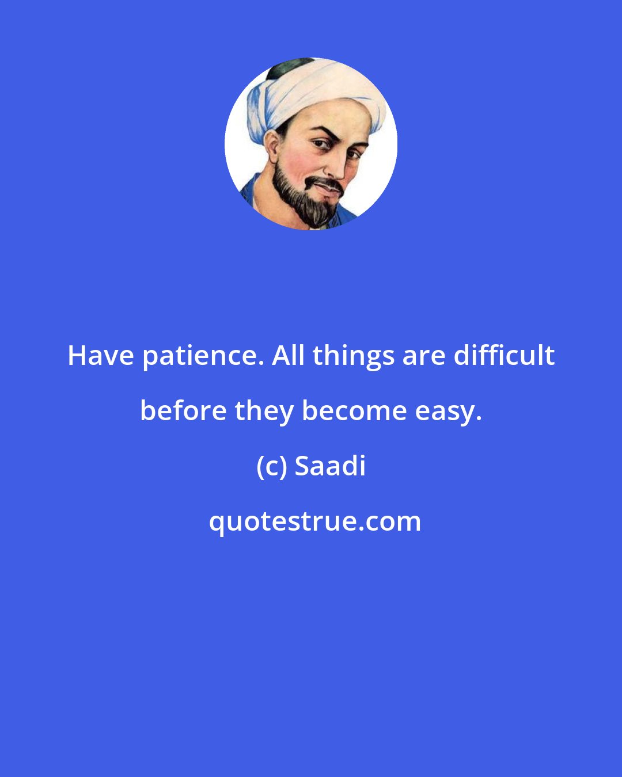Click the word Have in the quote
pos(101,356)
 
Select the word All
pos(289,356)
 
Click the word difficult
pos(504,356)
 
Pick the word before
pos(183,411)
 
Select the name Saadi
pos(331,466)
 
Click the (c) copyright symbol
pos(272,466)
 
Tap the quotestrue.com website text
pos(314,521)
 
